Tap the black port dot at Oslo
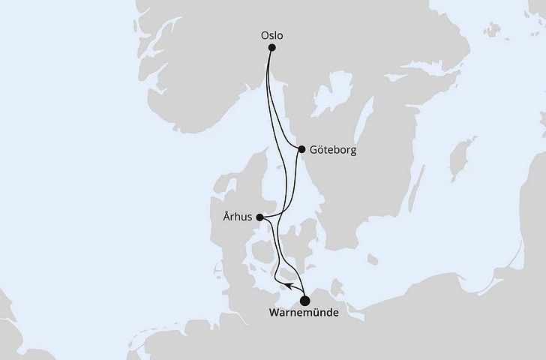(272, 48)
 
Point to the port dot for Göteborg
(301, 149)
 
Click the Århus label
(237, 218)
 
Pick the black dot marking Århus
(259, 217)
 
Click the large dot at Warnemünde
(304, 301)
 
